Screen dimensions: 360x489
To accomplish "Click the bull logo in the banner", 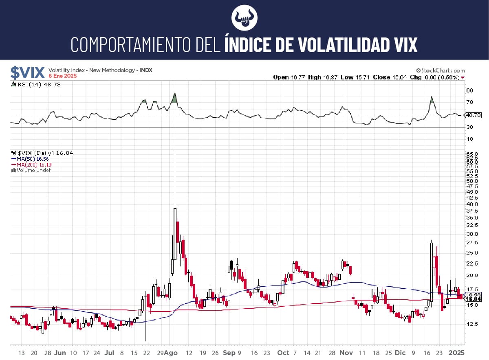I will point(244,18).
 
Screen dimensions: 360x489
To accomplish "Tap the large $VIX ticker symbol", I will point(28,72).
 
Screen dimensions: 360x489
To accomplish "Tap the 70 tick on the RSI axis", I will point(469,102).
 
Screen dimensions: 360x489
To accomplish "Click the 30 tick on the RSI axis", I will point(469,127).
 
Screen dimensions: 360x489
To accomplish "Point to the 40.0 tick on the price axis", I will point(472,204).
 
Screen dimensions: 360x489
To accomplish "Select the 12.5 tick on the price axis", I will point(472,324).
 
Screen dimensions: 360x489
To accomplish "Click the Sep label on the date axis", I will point(229,353).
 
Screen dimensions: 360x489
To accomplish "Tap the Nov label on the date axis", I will point(345,353).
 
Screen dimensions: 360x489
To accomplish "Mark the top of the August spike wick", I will point(175,153).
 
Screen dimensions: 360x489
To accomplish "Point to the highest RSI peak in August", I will point(174,94).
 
